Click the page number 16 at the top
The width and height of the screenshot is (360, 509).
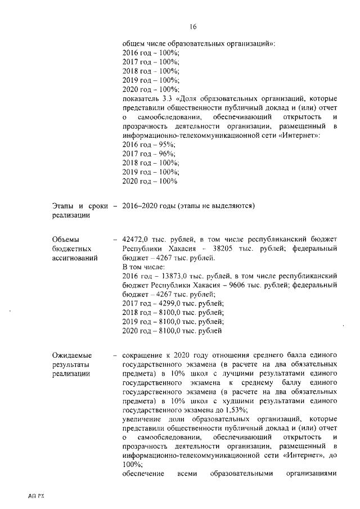[x=192, y=26]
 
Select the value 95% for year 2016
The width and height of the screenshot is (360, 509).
[x=166, y=145]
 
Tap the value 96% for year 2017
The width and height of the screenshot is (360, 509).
[x=166, y=154]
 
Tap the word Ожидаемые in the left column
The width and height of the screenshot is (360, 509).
[x=71, y=356]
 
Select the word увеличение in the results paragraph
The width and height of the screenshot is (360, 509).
[x=143, y=420]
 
